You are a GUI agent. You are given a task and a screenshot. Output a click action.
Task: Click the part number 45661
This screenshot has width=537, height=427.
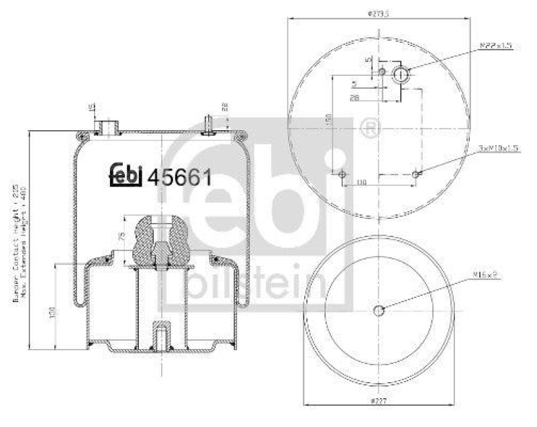pyautogui.click(x=179, y=177)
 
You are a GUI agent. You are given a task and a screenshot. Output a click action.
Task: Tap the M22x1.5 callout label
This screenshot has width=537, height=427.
pyautogui.click(x=496, y=46)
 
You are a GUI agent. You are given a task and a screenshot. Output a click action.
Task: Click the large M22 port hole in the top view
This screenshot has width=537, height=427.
pyautogui.click(x=400, y=75)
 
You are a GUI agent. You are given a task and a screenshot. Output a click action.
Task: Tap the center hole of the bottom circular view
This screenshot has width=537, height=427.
pyautogui.click(x=379, y=310)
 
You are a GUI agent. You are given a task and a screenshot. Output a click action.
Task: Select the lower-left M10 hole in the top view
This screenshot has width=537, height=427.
pyautogui.click(x=343, y=175)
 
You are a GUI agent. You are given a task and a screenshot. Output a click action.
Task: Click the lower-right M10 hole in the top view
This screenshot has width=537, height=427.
pyautogui.click(x=417, y=175)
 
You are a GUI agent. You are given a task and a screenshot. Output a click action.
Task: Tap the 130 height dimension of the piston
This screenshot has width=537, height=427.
pyautogui.click(x=52, y=312)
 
